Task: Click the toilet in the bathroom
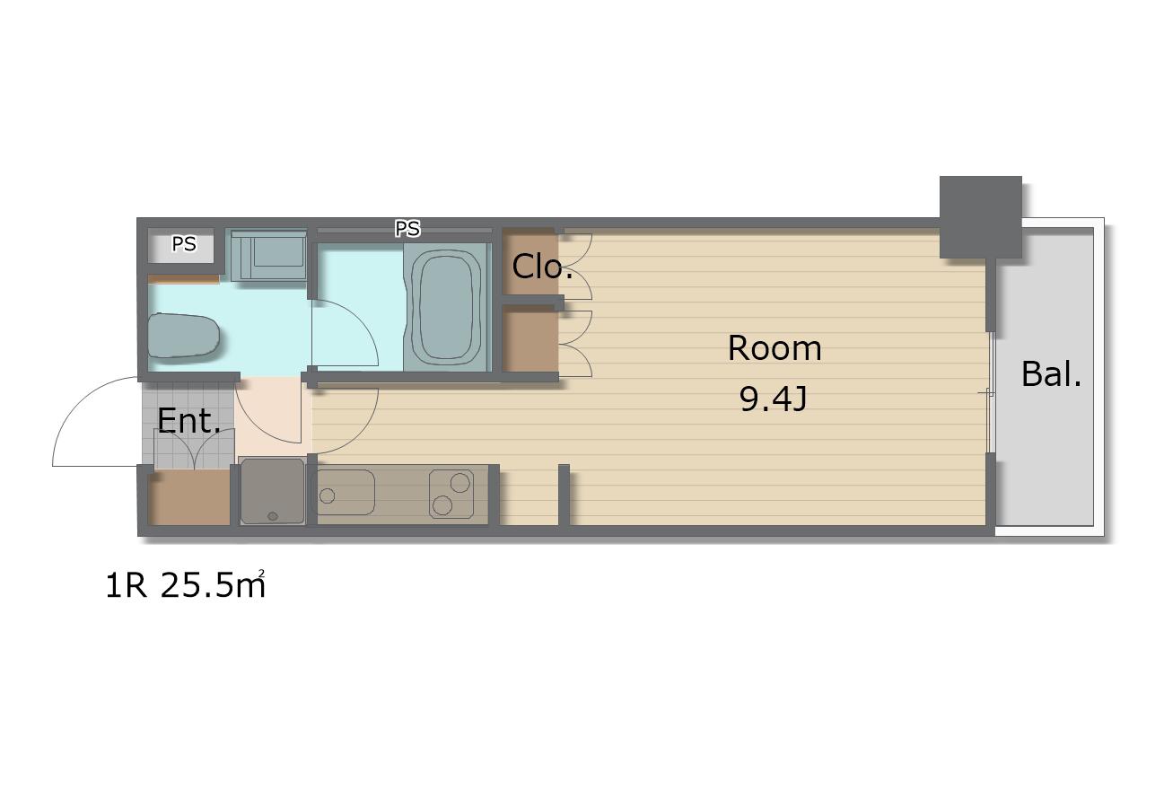coord(183,335)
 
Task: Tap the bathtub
coord(447,308)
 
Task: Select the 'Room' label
coord(775,348)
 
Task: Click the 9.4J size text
coord(774,399)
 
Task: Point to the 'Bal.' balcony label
coord(1051,373)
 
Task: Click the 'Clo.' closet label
coord(542,266)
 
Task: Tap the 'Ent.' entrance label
coord(189,420)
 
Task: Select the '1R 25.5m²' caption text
coord(186,584)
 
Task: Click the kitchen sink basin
coord(346,492)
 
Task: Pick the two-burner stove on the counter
coord(451,494)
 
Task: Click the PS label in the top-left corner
coord(184,244)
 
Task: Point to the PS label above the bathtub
coord(407,229)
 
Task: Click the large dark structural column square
coord(981,216)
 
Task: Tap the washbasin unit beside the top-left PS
coord(268,256)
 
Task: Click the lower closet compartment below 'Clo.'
coord(530,339)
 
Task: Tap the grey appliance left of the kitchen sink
coord(272,491)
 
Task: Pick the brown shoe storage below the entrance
coord(189,497)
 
